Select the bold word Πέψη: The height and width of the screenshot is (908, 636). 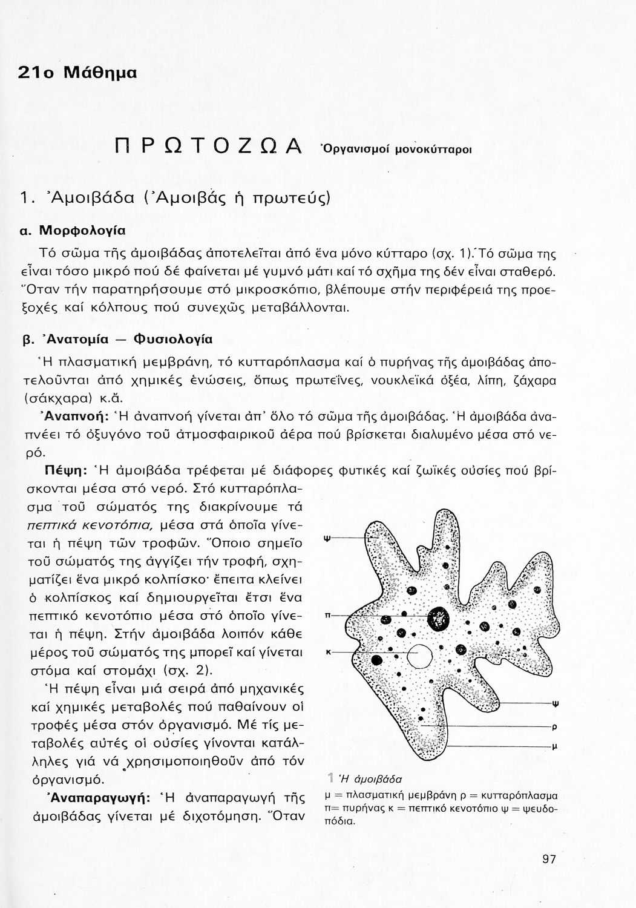tap(68, 469)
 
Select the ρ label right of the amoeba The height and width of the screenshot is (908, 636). tap(555, 728)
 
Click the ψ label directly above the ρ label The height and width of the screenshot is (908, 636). tap(555, 703)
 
